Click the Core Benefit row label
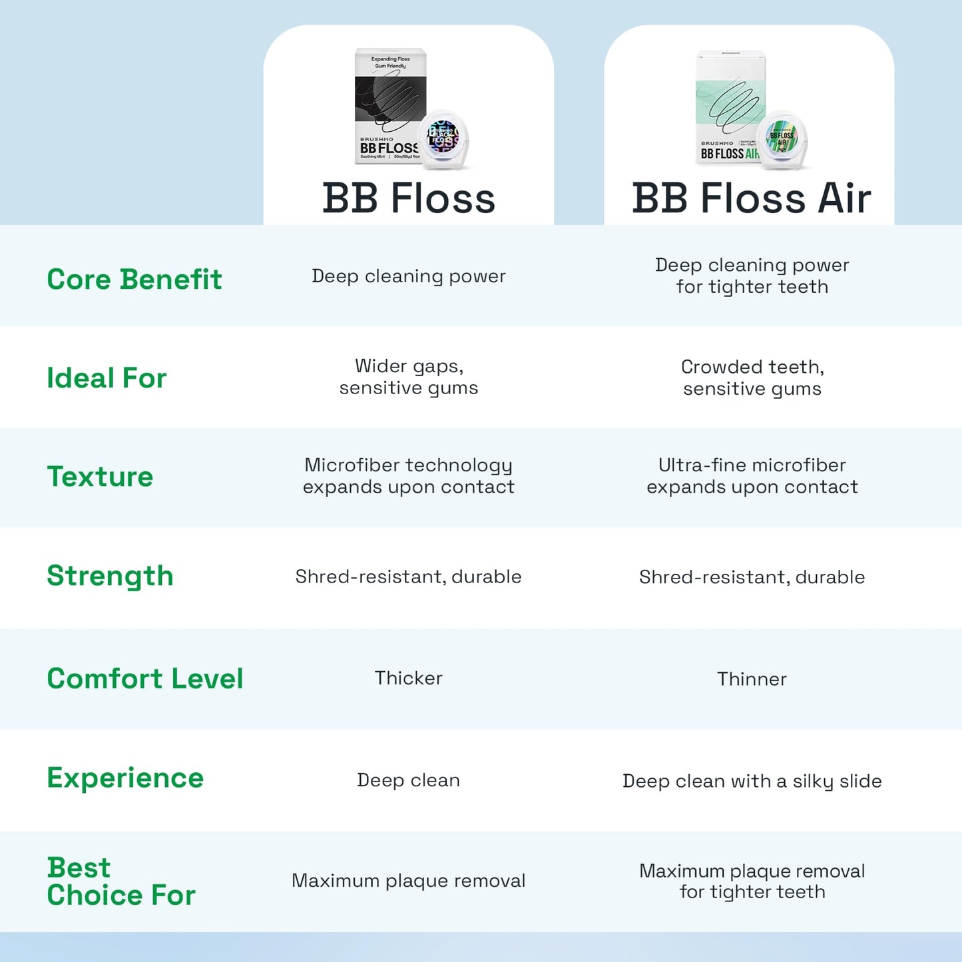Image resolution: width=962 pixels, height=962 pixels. point(134,280)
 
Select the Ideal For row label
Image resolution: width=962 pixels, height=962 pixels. point(107,378)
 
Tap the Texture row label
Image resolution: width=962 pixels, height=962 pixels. point(100,477)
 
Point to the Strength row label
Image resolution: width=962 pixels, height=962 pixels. point(110,576)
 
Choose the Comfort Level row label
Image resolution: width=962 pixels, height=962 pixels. point(144,678)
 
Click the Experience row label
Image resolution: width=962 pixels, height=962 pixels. point(125,778)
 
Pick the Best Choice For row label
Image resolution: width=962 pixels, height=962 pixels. point(120,881)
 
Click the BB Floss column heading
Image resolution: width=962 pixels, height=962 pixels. point(409,198)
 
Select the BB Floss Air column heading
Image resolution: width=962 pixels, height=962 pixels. point(752,198)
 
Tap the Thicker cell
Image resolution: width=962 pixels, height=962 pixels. point(408,678)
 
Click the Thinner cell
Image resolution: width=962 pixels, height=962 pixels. point(752,679)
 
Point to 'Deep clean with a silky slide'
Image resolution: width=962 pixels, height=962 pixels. point(752,781)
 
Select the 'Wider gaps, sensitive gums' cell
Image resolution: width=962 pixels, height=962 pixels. point(408,377)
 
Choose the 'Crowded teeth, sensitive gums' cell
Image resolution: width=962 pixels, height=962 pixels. point(752,377)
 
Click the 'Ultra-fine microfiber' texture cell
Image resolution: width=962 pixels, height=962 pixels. point(752,476)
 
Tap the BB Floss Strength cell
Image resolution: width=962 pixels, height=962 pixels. point(408,577)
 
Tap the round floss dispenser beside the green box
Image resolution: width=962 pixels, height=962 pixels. point(784,139)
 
